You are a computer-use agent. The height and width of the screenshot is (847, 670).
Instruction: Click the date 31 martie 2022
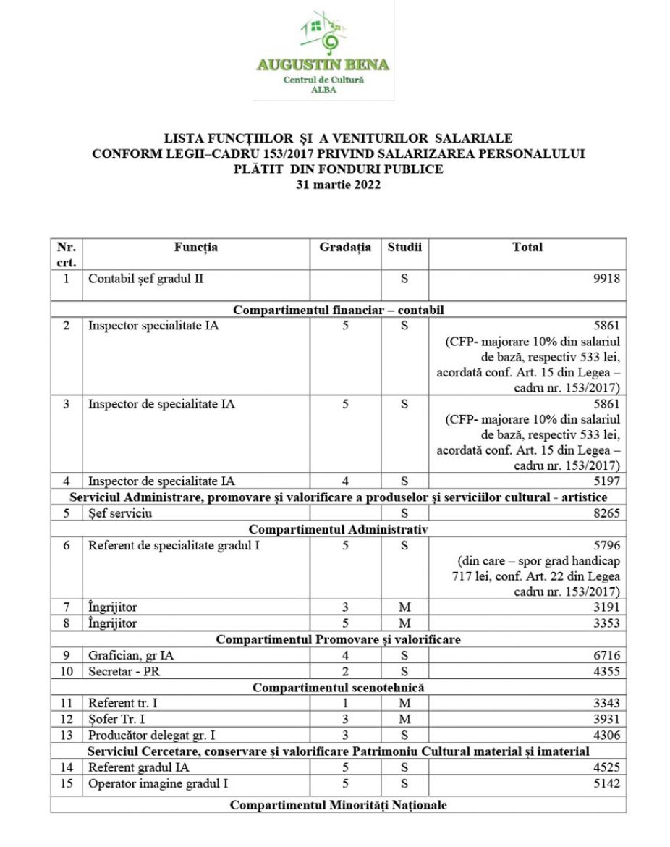[338, 185]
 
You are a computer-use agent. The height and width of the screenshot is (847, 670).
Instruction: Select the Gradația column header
[345, 248]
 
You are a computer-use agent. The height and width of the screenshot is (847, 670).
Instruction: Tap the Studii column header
[404, 248]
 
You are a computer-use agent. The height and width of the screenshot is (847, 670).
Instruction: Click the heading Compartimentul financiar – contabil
[338, 310]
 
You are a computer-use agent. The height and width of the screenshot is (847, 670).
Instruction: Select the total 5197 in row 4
[606, 481]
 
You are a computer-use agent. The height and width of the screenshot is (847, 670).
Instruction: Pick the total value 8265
[606, 513]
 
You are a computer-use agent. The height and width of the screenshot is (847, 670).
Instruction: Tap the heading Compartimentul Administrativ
[338, 529]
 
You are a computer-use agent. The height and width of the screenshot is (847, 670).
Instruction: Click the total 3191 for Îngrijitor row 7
[606, 607]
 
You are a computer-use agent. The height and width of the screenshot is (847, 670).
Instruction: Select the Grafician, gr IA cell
[130, 655]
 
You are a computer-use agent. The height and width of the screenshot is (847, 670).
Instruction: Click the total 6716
[606, 655]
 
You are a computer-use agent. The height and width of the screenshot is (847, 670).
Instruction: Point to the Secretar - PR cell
[123, 671]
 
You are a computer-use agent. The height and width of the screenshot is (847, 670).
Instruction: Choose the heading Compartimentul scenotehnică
[338, 687]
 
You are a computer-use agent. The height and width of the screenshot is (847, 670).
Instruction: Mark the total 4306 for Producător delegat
[606, 735]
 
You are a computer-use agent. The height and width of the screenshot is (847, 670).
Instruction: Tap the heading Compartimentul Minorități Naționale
[338, 805]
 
